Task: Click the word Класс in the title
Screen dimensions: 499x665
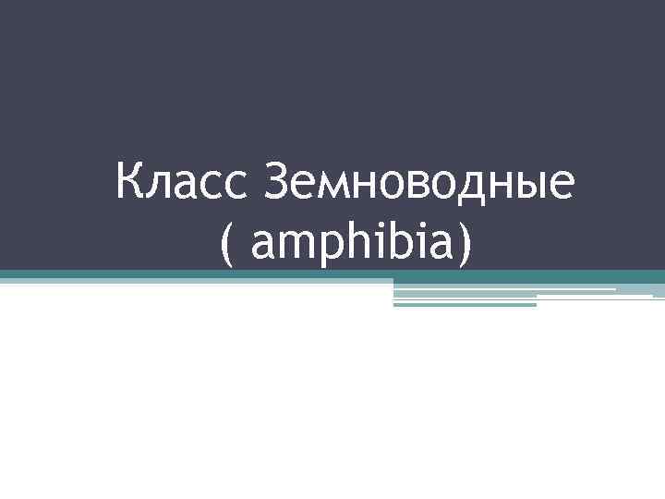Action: coord(186,181)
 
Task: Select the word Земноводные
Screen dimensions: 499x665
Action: coord(419,181)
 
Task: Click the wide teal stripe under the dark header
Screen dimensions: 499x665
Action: coord(332,275)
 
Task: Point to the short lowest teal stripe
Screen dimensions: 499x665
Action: coord(465,304)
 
